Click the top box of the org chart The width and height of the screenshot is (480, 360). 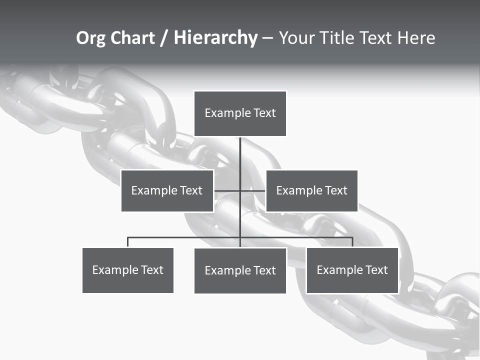coord(240,113)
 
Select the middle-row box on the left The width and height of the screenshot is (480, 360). coord(167,190)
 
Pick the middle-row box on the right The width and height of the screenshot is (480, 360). coord(311,190)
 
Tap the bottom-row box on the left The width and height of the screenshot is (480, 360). coord(127,270)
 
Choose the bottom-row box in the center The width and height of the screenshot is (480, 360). coord(240,270)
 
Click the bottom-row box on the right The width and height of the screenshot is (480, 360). coord(352,270)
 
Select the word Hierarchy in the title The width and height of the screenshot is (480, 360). coord(215,38)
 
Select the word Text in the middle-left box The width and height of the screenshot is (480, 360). coord(191,190)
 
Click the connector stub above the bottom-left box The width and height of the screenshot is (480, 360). coord(127,242)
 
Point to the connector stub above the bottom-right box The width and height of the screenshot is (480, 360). coord(352,242)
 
